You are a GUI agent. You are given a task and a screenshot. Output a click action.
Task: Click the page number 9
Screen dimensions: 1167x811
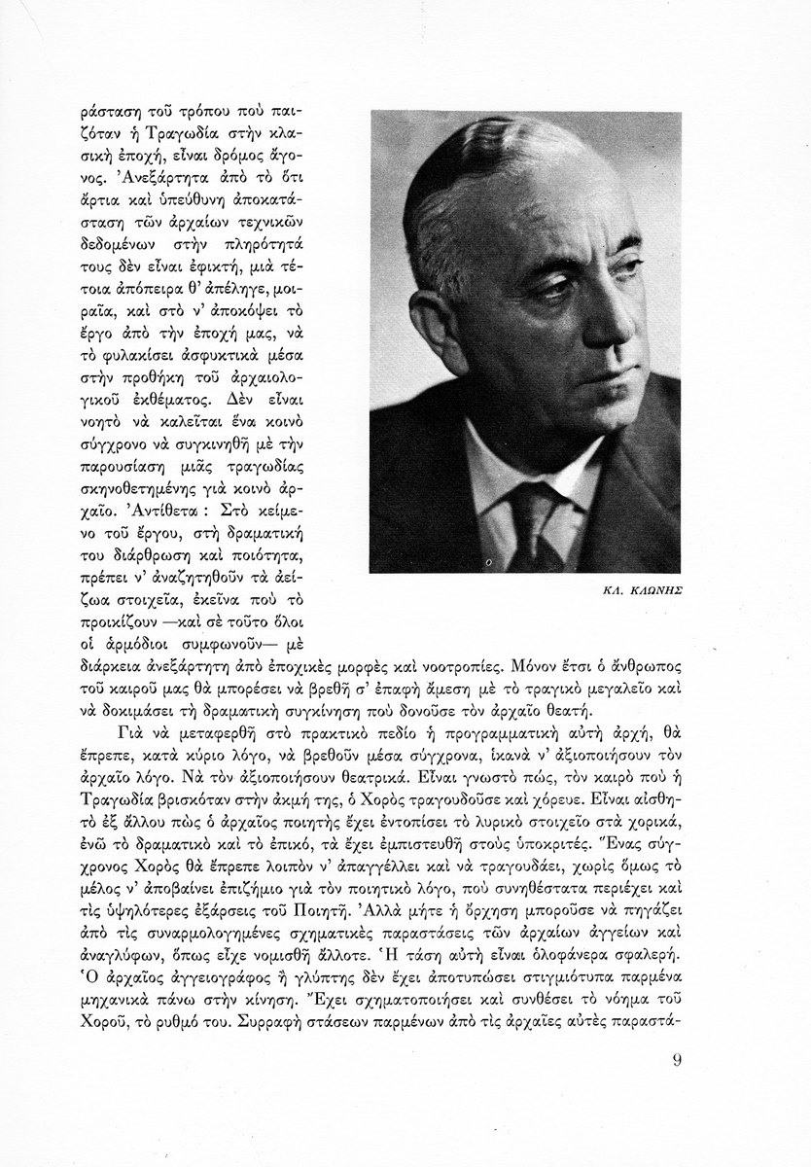678,1059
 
